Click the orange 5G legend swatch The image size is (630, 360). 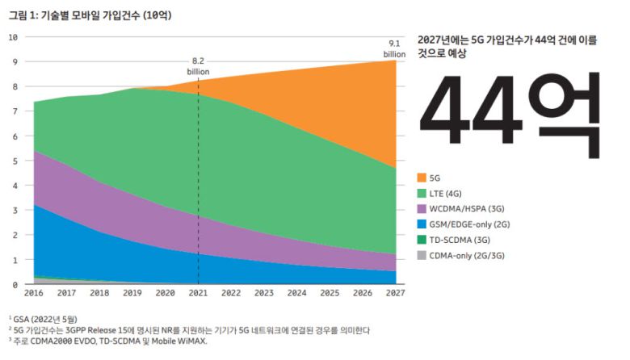[422, 177]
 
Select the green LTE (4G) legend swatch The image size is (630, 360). [422, 192]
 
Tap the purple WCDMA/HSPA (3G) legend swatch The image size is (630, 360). [422, 207]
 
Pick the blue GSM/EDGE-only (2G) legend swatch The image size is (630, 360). [422, 224]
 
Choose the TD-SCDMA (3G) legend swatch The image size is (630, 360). [422, 239]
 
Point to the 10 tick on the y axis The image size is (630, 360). [13, 37]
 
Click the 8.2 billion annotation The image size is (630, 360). [199, 65]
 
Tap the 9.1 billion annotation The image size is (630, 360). [395, 48]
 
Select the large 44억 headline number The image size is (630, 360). [511, 107]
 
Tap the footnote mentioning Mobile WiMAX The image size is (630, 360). [109, 341]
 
